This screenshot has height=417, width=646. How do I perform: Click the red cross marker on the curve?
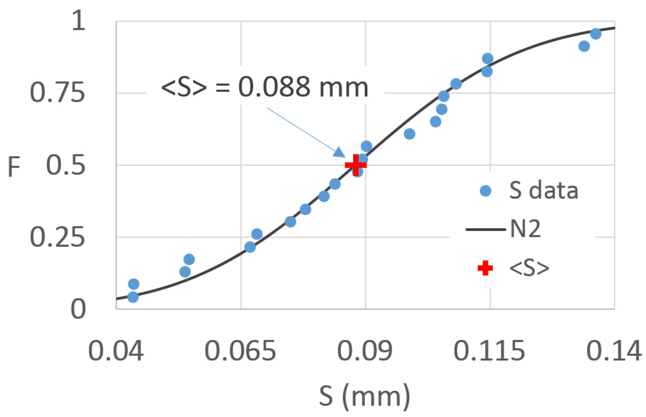pos(356,165)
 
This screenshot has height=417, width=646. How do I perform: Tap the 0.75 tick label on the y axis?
pos(57,93)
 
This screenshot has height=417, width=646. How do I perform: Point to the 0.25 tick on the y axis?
pos(57,237)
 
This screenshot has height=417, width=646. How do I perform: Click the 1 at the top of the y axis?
pos(78,21)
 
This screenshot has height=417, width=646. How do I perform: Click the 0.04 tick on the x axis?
pos(116,351)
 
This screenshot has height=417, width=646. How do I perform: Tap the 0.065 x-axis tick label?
pos(240,351)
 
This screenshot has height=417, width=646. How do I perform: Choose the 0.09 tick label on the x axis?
pos(365,351)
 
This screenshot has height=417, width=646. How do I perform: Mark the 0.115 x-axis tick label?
pos(489,351)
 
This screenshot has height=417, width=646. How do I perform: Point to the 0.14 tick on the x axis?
pos(614,351)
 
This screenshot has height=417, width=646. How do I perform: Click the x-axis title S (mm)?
pos(365,396)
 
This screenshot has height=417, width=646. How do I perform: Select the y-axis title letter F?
pos(14,167)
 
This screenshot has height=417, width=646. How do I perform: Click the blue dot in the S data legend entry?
pos(486,191)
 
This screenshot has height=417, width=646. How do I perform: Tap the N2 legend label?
pos(525,229)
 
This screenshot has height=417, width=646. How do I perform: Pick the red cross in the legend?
pos(485,268)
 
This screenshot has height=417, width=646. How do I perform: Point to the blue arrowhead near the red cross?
pos(339,152)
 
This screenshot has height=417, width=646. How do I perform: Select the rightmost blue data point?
pos(596,33)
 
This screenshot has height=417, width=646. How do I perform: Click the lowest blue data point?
pos(133,297)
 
